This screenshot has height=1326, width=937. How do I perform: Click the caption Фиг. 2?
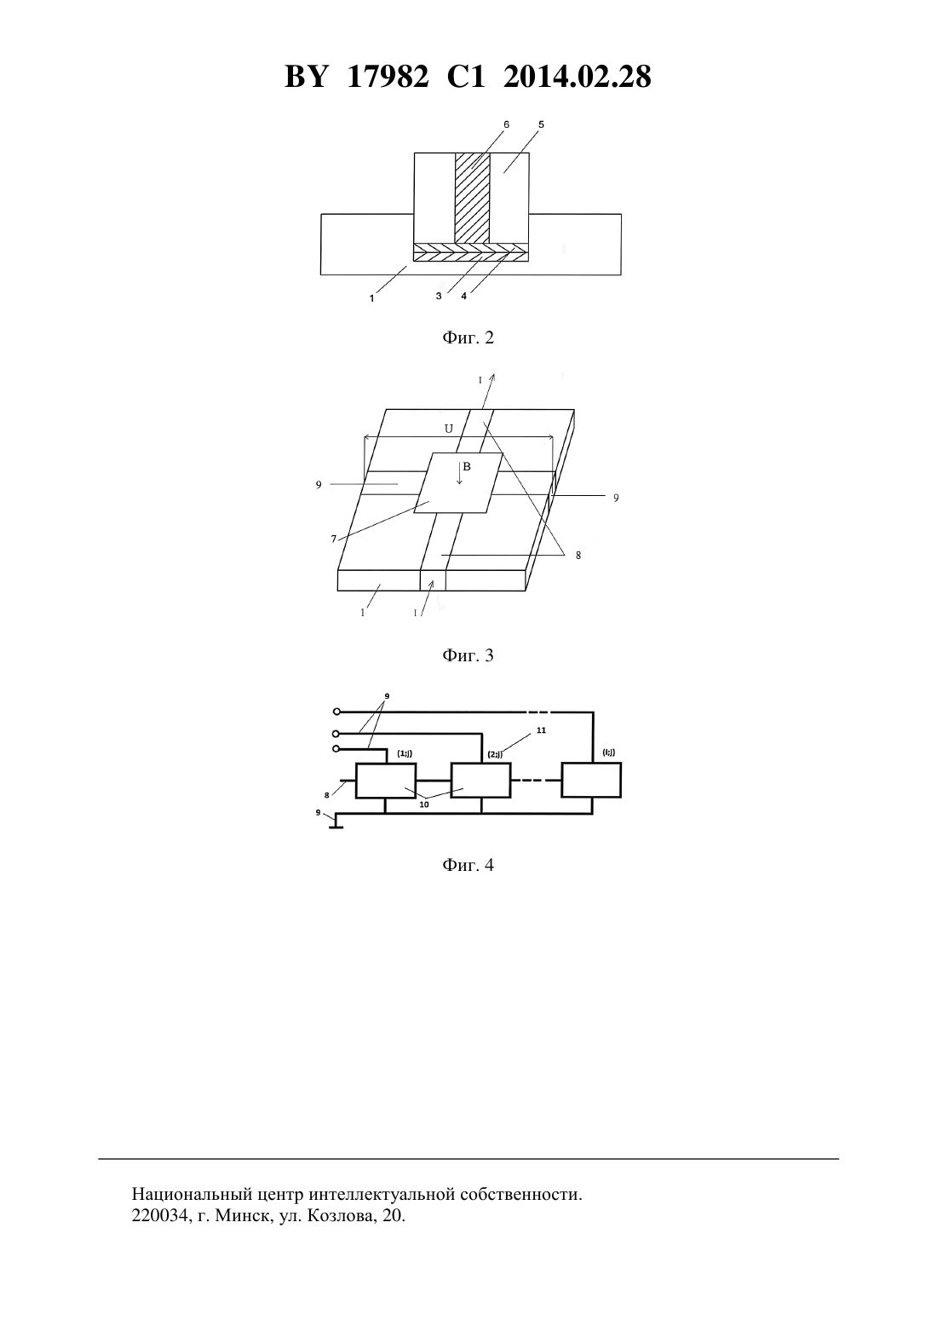coord(468,338)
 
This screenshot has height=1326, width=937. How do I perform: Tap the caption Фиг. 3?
coord(468,655)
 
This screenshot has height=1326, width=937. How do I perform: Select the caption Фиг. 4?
coord(468,865)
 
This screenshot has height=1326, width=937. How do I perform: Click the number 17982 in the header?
coord(388,77)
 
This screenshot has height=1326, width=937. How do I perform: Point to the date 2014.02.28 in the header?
coord(578,77)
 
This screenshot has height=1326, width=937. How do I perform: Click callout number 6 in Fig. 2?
coord(506,125)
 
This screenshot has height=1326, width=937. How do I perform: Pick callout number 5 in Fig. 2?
coord(541,125)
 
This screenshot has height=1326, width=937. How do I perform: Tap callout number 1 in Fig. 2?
coord(371,299)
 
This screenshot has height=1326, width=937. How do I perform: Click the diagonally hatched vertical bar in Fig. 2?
coord(473,198)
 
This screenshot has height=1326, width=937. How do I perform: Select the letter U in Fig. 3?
coord(449,429)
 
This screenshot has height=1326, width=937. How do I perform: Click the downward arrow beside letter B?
coord(459,473)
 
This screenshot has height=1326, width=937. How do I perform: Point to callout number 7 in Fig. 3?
coord(334,539)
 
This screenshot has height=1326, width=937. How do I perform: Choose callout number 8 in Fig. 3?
coord(578,556)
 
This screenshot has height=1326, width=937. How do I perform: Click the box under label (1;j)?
coord(386,781)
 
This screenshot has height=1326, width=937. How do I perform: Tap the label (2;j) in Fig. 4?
coord(495,755)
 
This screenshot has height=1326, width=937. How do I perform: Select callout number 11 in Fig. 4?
coord(541,730)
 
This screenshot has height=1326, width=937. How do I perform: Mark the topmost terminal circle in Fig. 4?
coord(336,712)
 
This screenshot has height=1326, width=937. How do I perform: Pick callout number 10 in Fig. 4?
coord(423,804)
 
